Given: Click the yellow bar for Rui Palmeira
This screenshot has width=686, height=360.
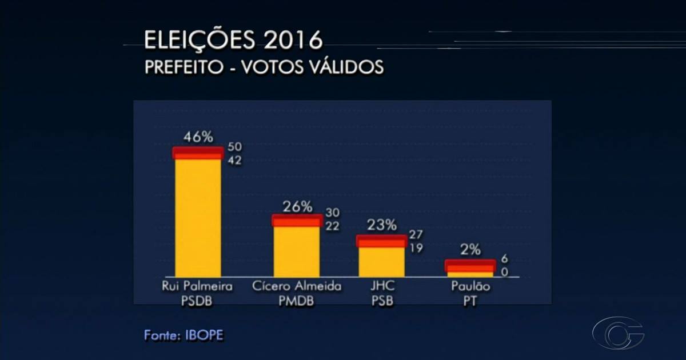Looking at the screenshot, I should pos(198,217).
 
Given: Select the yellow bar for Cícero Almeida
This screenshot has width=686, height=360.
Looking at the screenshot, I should pos(297,251).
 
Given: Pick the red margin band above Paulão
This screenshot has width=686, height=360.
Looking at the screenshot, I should pos(470,266).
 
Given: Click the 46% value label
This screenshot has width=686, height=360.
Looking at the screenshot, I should pos(198,137).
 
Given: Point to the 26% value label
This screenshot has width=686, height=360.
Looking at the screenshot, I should pos(297,206).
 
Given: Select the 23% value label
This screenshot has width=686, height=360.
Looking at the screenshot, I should pos(381,225).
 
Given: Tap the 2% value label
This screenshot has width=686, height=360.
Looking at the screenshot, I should pos(470,249).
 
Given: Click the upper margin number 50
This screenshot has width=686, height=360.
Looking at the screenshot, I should pos(234,147).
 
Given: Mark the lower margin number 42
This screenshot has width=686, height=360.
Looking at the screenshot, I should pos(234,161).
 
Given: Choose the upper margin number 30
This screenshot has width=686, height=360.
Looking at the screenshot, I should pos(332,213).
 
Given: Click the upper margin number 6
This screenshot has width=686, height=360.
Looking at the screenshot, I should pos(504,259).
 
